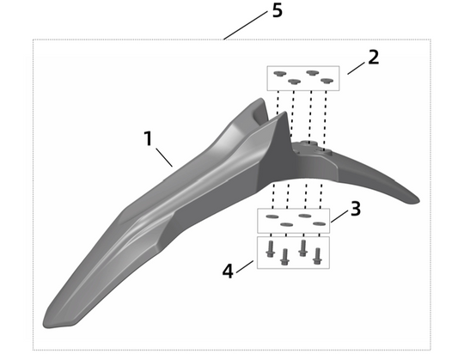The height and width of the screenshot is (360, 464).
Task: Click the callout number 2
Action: [x=373, y=58]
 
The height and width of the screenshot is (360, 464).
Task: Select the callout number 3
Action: [x=356, y=209]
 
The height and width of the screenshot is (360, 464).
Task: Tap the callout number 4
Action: [x=229, y=271]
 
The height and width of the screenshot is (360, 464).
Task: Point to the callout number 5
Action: [x=275, y=12]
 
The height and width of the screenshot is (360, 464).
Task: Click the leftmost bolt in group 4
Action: [x=270, y=249]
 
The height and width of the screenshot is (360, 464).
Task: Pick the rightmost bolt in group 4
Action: [x=319, y=254]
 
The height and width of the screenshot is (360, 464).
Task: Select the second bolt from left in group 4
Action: [x=284, y=255]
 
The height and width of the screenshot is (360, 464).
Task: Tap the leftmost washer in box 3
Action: [x=272, y=218]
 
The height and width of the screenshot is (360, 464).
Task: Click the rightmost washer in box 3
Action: [x=320, y=224]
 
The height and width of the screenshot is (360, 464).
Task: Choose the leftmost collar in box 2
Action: [x=278, y=75]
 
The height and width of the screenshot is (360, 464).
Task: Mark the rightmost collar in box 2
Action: [x=327, y=81]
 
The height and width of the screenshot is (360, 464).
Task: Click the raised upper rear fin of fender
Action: [x=258, y=111]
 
